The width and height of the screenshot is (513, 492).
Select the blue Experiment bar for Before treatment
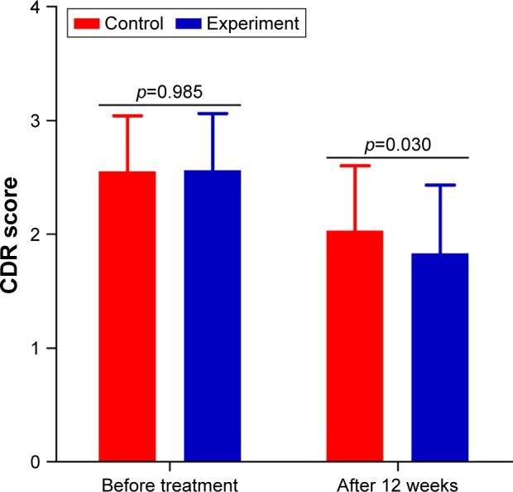tap(212, 316)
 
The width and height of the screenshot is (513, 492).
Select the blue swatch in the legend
tap(189, 22)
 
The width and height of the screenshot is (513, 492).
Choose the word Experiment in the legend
tap(253, 23)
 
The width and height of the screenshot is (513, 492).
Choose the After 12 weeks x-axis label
tap(397, 482)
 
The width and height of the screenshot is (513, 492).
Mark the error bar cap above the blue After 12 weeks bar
tap(439, 186)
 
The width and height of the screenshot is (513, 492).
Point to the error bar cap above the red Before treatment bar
tap(127, 116)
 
